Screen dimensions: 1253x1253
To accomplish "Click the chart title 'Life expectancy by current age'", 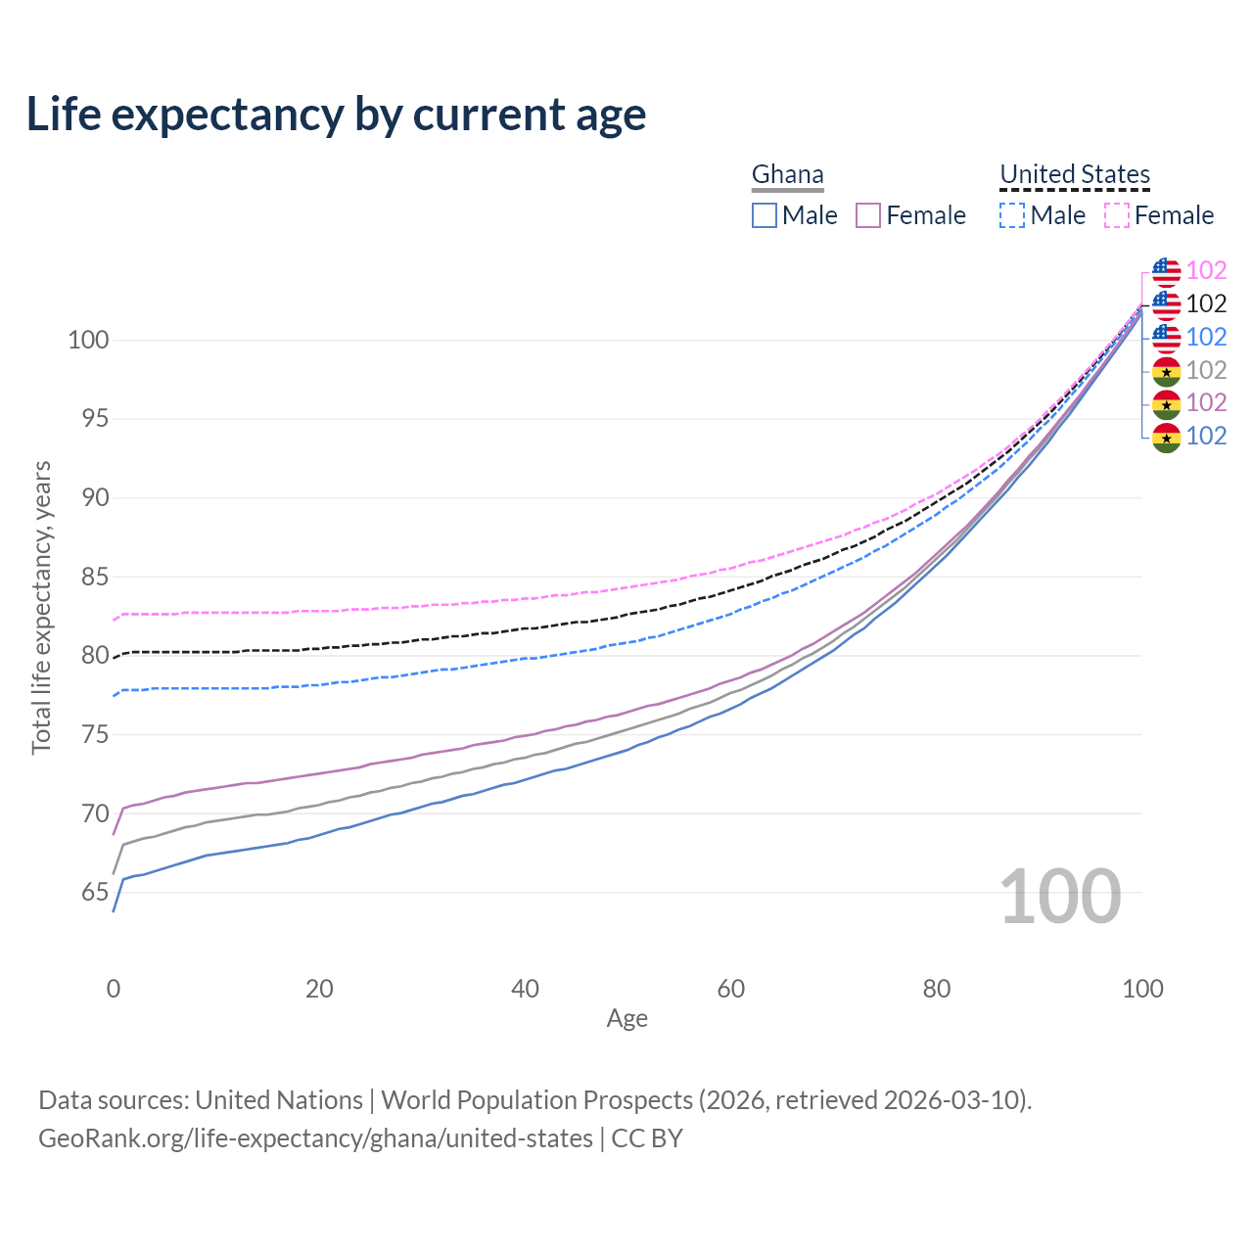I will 336,115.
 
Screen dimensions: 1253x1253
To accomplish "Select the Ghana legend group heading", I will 787,175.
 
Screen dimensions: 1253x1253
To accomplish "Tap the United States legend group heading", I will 1074,175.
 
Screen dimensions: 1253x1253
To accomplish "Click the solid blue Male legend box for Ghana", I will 765,215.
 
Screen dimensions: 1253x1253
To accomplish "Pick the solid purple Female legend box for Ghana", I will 868,215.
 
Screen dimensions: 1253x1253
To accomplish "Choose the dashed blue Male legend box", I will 1012,215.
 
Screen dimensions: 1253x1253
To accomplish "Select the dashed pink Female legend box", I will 1117,215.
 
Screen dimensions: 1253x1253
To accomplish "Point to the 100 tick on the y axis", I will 87,341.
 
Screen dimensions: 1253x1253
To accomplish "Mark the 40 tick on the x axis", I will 525,989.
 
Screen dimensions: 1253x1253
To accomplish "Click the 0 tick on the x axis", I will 114,989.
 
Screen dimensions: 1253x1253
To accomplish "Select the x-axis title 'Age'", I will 626,1019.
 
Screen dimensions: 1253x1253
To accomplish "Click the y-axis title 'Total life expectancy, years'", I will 41,607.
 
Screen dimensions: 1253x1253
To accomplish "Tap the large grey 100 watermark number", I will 1060,897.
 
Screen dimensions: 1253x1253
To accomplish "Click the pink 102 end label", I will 1206,271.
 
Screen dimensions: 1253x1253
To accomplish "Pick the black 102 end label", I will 1206,304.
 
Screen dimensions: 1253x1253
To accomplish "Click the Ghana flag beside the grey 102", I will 1166,371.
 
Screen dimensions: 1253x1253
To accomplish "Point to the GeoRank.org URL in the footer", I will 315,1138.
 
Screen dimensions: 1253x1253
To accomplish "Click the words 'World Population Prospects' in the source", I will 536,1100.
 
